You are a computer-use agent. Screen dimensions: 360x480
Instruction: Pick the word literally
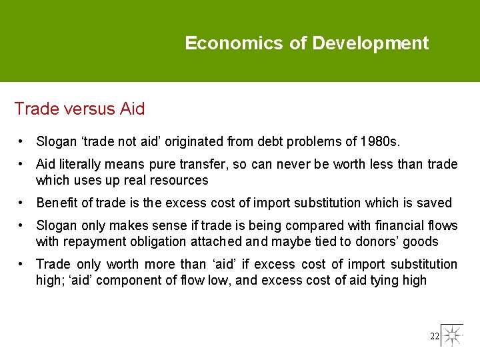tap(78, 164)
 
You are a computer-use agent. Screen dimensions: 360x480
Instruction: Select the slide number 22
tap(435, 337)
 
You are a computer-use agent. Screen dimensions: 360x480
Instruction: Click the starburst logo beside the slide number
tap(452, 335)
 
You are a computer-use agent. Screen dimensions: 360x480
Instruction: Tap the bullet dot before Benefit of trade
tap(22, 203)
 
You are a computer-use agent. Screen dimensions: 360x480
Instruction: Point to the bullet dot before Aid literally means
tap(22, 164)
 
